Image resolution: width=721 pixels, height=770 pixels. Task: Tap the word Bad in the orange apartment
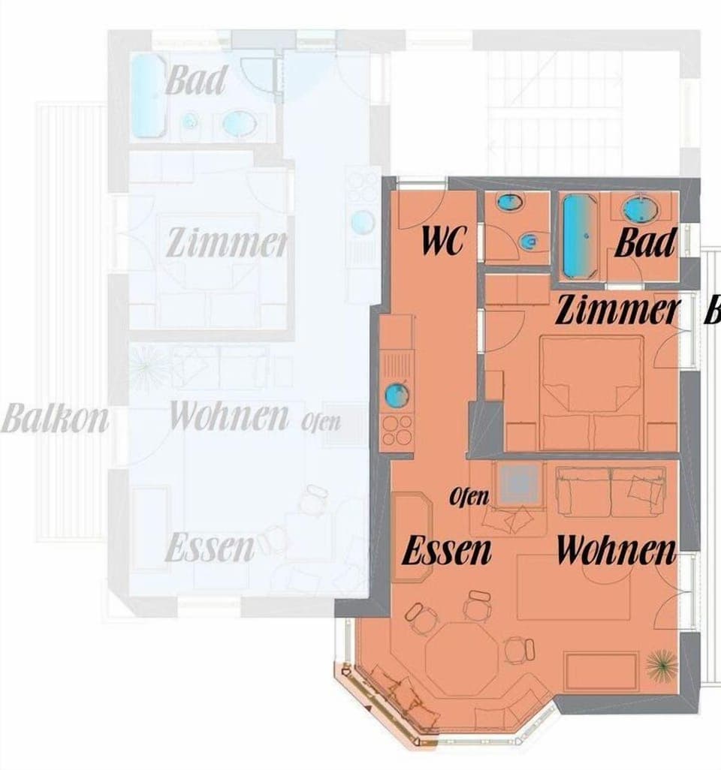pyautogui.click(x=645, y=242)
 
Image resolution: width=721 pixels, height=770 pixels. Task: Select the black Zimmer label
pyautogui.click(x=617, y=311)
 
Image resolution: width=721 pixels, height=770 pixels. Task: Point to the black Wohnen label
pyautogui.click(x=616, y=551)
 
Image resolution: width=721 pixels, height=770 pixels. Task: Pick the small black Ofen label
pyautogui.click(x=469, y=497)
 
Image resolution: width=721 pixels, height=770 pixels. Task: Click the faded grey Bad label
pyautogui.click(x=195, y=80)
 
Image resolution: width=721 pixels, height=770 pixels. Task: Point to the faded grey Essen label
pyautogui.click(x=210, y=548)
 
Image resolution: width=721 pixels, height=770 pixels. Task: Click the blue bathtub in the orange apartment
pyautogui.click(x=578, y=236)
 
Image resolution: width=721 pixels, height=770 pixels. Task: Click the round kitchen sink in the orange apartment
pyautogui.click(x=396, y=394)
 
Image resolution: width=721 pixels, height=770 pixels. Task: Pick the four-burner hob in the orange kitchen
pyautogui.click(x=396, y=431)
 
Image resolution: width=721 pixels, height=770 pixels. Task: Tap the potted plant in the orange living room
pyautogui.click(x=660, y=663)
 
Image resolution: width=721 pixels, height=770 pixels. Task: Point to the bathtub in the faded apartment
pyautogui.click(x=149, y=96)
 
